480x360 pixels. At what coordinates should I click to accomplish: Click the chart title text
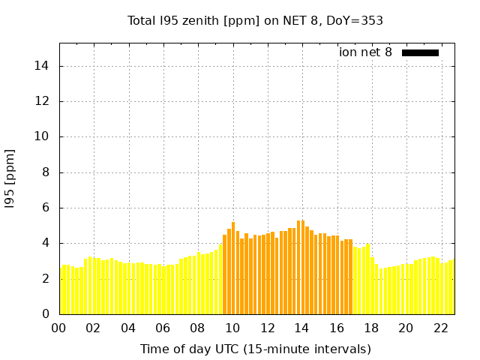click(255, 20)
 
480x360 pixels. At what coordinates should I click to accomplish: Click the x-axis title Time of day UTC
click(255, 349)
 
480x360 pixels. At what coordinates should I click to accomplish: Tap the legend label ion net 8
click(365, 52)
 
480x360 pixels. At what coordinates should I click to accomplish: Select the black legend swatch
click(420, 52)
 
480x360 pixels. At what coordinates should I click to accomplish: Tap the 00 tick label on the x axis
click(59, 328)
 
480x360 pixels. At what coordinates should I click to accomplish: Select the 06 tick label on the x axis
click(163, 328)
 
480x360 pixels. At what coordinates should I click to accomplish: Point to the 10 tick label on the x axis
click(232, 328)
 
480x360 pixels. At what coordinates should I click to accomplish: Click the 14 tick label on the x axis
click(301, 328)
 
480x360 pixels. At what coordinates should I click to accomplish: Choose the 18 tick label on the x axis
click(371, 328)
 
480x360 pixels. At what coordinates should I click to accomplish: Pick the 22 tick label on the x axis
click(440, 328)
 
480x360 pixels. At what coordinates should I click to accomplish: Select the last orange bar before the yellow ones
click(350, 277)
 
